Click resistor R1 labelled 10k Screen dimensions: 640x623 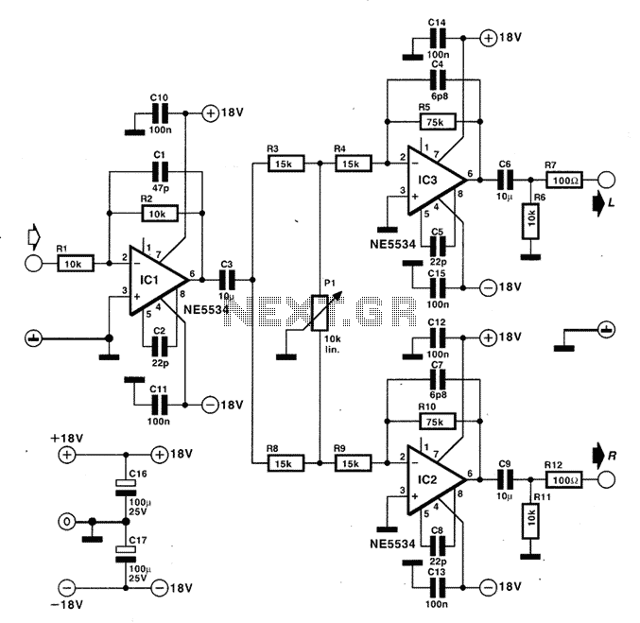click(76, 264)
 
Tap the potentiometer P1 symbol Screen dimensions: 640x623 click(320, 312)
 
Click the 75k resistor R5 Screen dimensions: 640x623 click(437, 122)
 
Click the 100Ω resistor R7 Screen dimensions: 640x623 click(564, 180)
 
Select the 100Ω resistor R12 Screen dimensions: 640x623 click(564, 479)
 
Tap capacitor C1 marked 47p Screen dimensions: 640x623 click(160, 171)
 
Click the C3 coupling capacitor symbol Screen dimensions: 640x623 click(227, 280)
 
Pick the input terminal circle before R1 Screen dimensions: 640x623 click(33, 264)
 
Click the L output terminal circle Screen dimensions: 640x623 click(606, 180)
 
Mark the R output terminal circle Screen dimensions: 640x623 click(606, 479)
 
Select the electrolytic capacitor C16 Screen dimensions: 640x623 click(126, 488)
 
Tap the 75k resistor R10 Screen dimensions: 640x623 click(437, 422)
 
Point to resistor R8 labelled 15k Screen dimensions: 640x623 click(285, 463)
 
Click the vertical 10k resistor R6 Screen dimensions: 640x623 click(530, 221)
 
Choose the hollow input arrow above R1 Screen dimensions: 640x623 click(33, 236)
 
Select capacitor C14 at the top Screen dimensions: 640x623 click(437, 39)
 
